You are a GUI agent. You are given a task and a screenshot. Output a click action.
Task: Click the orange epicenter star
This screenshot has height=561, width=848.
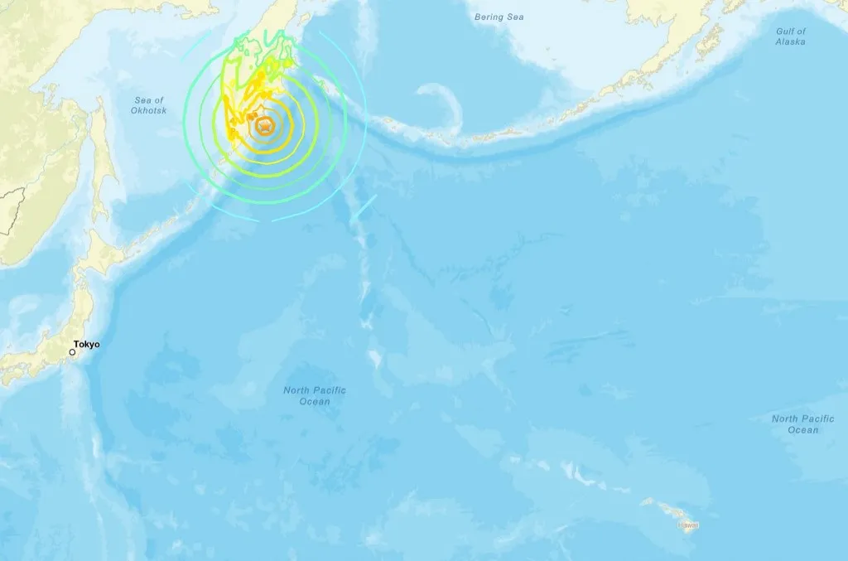265,126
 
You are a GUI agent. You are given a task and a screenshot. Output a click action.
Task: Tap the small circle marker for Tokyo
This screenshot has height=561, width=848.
72,352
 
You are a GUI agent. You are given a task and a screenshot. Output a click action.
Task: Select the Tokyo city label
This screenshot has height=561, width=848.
86,344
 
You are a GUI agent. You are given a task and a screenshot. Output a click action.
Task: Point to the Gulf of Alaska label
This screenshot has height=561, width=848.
791,36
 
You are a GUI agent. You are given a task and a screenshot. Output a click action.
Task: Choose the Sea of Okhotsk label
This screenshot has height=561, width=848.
149,105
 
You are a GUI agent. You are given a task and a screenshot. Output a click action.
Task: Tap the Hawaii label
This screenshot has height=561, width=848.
689,525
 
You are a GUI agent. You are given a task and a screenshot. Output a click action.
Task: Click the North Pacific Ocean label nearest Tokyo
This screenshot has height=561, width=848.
315,396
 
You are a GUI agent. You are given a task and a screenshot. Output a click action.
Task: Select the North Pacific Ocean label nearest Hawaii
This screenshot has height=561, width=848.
802,424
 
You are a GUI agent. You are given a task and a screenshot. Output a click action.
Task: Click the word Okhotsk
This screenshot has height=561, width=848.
149,110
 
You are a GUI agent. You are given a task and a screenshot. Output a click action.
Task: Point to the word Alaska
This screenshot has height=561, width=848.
791,41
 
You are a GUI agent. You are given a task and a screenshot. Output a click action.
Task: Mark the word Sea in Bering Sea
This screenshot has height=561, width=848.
518,17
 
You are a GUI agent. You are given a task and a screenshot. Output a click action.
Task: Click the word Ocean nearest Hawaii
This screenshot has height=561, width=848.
802,430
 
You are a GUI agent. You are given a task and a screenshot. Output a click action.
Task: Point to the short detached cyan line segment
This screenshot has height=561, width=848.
363,208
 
